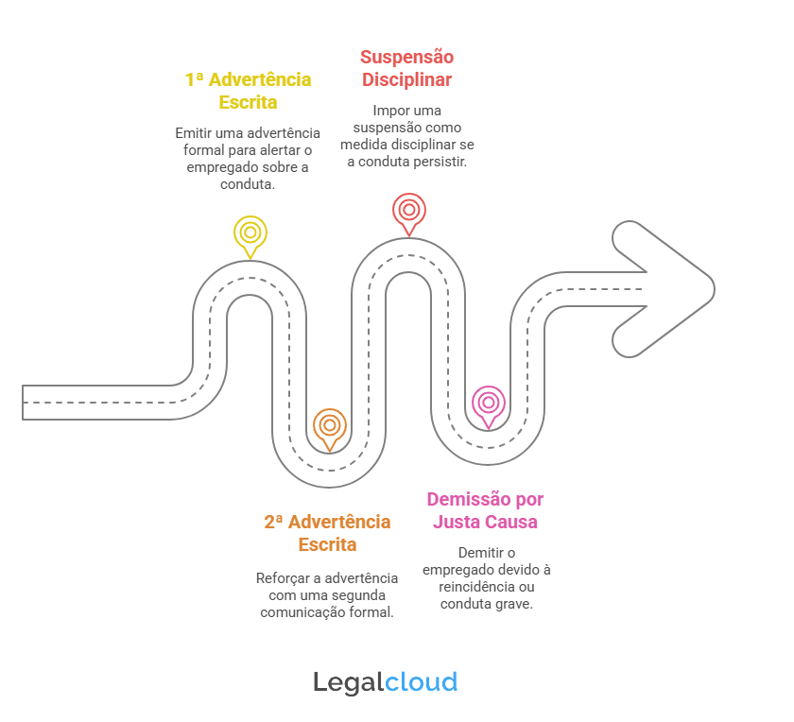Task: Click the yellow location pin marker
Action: point(250,234)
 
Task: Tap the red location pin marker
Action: point(409,211)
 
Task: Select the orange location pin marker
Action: point(330,426)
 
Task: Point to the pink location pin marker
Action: point(489,404)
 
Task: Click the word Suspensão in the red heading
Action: point(407,58)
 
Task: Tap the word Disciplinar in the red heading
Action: point(407,79)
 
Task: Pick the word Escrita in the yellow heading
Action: point(248,102)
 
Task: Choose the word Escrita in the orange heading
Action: point(328,544)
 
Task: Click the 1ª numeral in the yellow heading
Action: point(195,79)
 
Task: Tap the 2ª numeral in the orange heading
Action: point(273,522)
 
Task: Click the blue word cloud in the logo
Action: point(422,682)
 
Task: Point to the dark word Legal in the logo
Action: point(349,683)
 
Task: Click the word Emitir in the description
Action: point(190,133)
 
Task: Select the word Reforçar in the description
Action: point(280,578)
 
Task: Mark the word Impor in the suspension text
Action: point(386,111)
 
